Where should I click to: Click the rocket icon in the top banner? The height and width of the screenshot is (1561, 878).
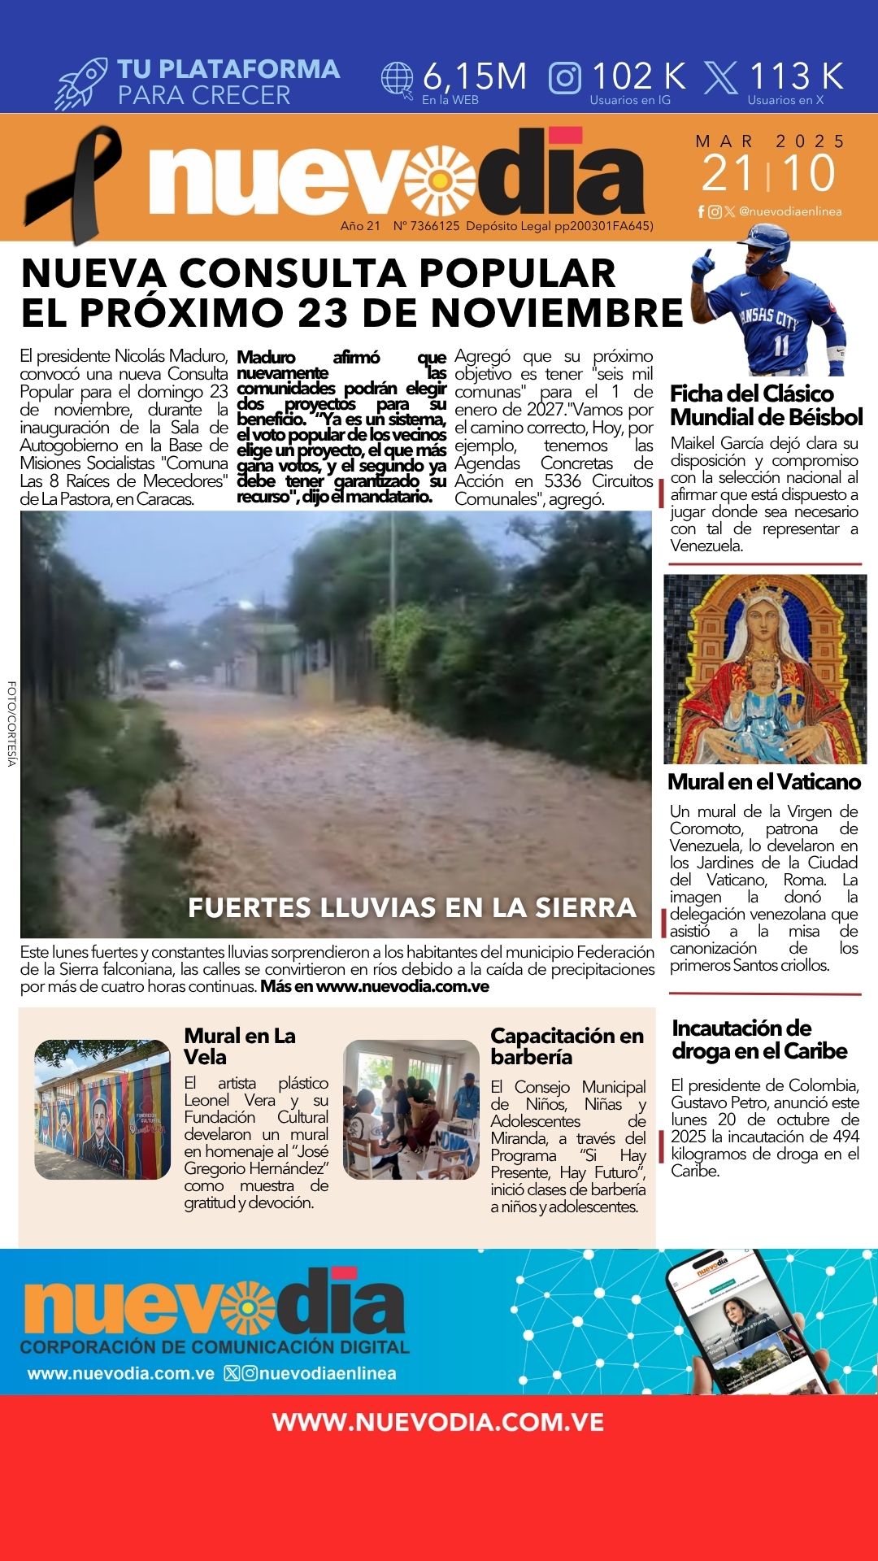(81, 83)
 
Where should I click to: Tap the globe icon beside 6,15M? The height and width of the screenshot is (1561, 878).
(398, 80)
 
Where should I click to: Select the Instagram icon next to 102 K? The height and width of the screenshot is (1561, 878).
(565, 78)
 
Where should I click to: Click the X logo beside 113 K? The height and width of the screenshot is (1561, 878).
(720, 78)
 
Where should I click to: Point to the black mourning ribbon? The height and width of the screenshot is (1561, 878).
(73, 183)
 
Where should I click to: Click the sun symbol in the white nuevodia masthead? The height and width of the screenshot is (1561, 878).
(441, 180)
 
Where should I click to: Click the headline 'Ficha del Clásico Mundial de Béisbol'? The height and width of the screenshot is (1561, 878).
(766, 405)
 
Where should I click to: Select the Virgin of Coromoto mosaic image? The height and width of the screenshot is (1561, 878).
(765, 668)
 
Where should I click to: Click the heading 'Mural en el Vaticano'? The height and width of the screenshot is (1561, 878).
(764, 782)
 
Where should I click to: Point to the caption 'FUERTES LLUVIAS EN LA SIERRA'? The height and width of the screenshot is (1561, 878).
(412, 907)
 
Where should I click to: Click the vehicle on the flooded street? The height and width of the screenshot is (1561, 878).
(154, 677)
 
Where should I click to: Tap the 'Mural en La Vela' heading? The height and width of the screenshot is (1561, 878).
(240, 1046)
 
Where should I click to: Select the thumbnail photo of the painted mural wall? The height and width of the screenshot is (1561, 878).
(102, 1109)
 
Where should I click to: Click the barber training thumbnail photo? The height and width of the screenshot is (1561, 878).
(411, 1109)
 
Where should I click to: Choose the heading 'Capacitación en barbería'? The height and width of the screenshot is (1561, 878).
(567, 1046)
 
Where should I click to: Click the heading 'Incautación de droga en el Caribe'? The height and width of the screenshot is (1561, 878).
(759, 1039)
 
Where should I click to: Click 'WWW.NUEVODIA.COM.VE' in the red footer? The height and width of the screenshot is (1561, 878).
(438, 1422)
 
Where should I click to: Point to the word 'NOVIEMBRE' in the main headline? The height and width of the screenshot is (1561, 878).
(557, 313)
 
